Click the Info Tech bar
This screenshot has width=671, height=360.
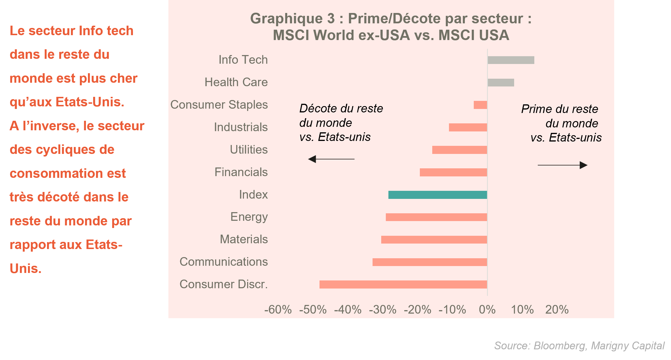(511, 60)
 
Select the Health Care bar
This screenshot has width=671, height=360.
(501, 82)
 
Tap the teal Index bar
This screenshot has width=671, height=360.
(437, 195)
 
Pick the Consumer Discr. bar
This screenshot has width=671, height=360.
(403, 284)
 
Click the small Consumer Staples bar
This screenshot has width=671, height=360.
(480, 105)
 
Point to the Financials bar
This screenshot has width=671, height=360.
(453, 172)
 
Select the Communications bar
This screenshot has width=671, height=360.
(430, 262)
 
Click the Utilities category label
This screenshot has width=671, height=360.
(249, 150)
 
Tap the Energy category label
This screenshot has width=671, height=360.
(249, 217)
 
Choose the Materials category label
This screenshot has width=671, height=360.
(244, 239)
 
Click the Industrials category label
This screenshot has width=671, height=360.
(240, 127)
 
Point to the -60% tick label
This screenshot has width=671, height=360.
(278, 310)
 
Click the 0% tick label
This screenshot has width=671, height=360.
(487, 310)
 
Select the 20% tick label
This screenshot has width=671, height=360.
(557, 310)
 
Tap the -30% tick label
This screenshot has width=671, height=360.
(383, 310)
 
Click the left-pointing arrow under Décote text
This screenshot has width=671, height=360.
(331, 159)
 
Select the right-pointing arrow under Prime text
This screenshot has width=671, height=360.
(562, 165)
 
